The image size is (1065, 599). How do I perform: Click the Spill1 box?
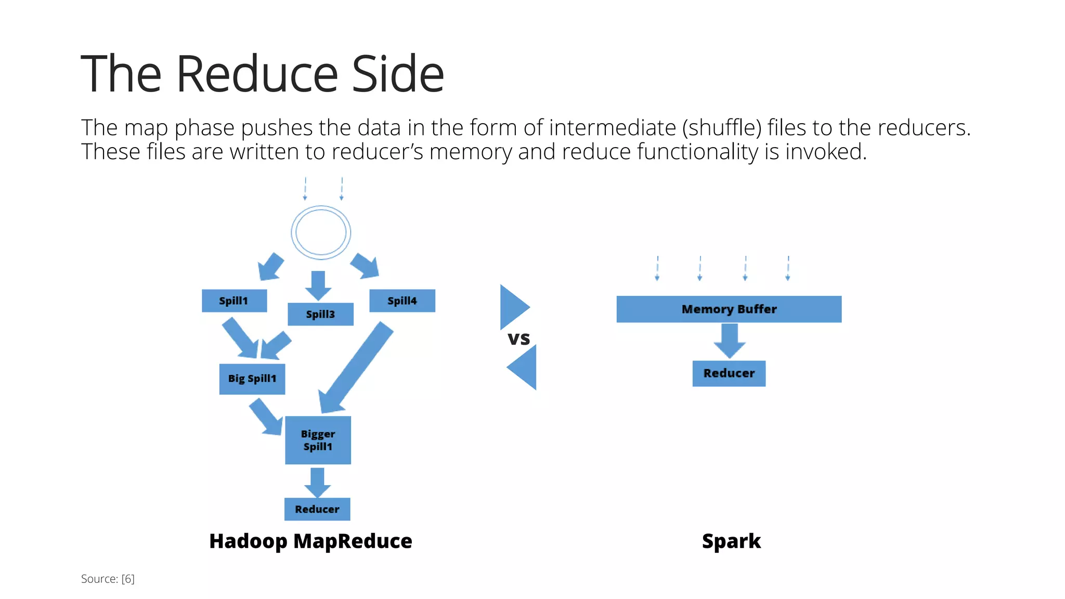click(x=234, y=301)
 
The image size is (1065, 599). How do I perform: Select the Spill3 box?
click(x=320, y=314)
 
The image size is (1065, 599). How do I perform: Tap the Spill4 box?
click(x=402, y=301)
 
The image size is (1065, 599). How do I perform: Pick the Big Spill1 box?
click(x=252, y=379)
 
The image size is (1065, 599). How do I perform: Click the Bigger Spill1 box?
click(x=318, y=440)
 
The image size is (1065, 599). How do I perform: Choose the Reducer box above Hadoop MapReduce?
click(x=317, y=509)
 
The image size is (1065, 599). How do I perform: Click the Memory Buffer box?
click(x=729, y=309)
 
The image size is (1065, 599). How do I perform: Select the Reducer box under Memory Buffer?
click(x=729, y=373)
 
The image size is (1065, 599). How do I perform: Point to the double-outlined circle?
click(x=321, y=232)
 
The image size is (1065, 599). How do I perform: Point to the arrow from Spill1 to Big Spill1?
click(x=241, y=338)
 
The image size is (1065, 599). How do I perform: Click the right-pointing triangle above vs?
click(x=512, y=307)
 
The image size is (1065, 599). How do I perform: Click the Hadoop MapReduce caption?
click(x=310, y=541)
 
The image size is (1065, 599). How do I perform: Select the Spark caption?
click(x=731, y=541)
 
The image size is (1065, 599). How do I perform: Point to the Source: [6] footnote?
click(x=108, y=579)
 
